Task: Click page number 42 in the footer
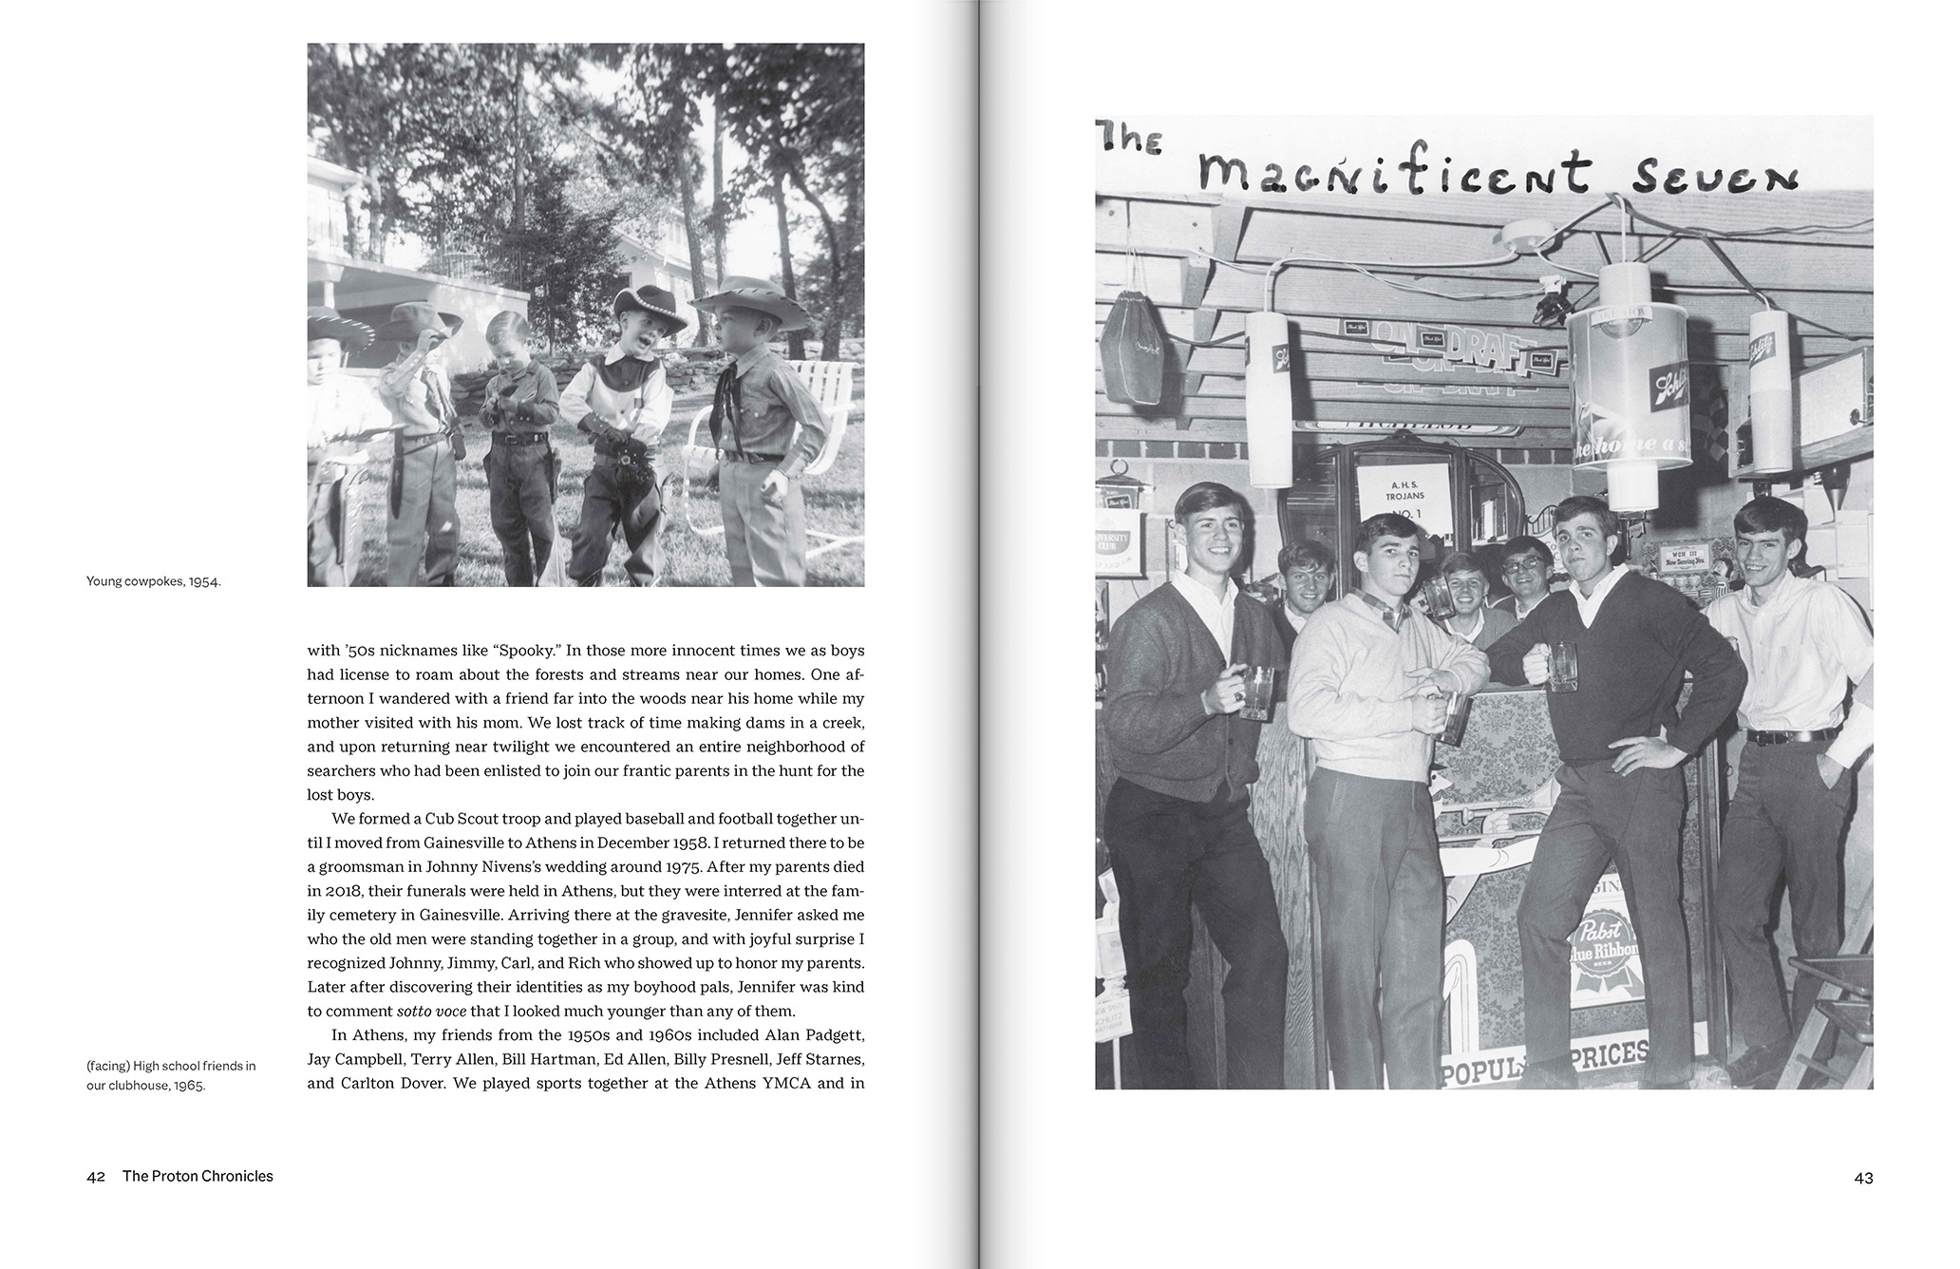coord(95,1176)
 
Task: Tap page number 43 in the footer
coord(1863,1178)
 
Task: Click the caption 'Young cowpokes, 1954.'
coord(153,581)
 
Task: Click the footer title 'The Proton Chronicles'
coord(198,1176)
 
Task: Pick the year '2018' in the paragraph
coord(343,891)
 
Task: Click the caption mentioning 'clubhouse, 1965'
coord(171,1075)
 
